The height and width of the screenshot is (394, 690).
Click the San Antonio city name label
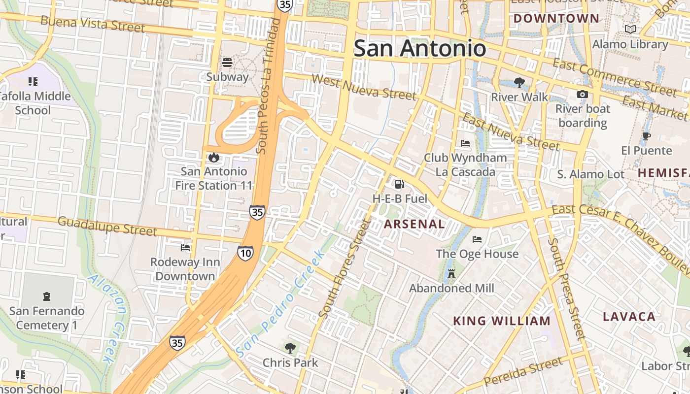click(420, 48)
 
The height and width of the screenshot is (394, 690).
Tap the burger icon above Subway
click(227, 63)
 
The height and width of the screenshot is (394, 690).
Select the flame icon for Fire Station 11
click(213, 157)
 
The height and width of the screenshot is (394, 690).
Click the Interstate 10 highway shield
click(245, 253)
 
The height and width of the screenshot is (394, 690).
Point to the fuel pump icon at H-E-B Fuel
click(399, 184)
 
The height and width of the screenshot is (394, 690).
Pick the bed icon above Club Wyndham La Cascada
click(465, 143)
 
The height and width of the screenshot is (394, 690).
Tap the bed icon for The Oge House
click(477, 239)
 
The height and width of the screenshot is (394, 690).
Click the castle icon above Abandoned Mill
click(451, 274)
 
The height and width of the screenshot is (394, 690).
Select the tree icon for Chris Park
click(290, 348)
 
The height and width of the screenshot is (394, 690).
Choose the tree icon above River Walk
click(518, 82)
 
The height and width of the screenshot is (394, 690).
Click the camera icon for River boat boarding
click(582, 94)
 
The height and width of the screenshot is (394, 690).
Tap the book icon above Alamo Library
click(630, 30)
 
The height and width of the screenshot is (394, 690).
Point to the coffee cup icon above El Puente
click(647, 136)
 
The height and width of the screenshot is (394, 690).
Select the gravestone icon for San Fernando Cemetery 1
click(47, 296)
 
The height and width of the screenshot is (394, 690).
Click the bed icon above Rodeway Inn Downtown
click(185, 247)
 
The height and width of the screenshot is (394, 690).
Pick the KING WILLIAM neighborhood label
click(502, 321)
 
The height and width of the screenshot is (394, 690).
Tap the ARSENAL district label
click(414, 224)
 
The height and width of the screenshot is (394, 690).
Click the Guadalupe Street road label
click(107, 226)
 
